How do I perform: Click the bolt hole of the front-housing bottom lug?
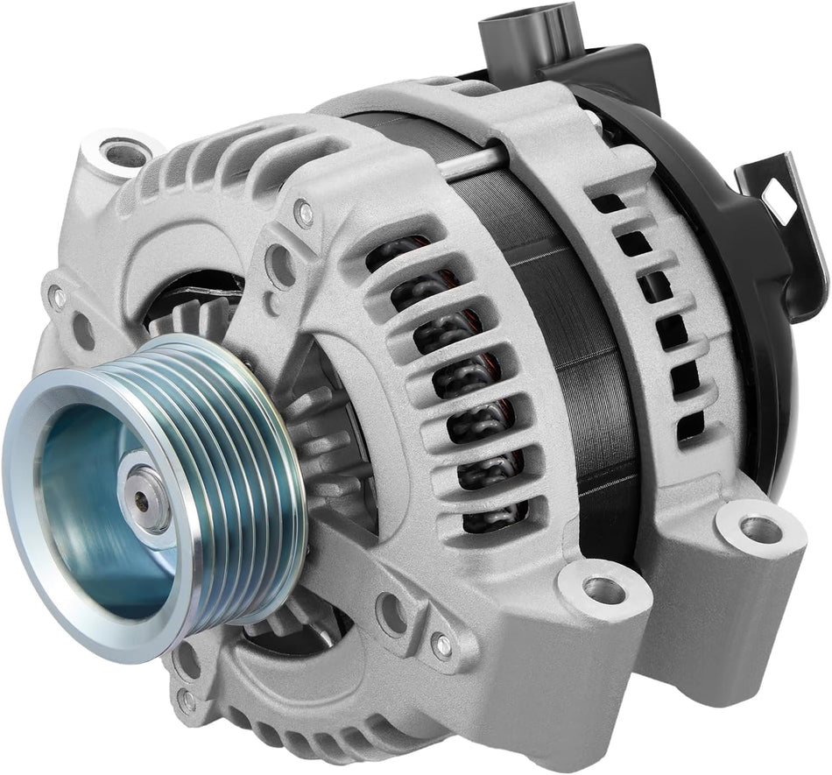[x=604, y=589]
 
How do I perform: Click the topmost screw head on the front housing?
[x=303, y=211]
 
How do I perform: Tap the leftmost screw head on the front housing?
[x=59, y=297]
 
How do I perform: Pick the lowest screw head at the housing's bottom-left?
[x=187, y=700]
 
